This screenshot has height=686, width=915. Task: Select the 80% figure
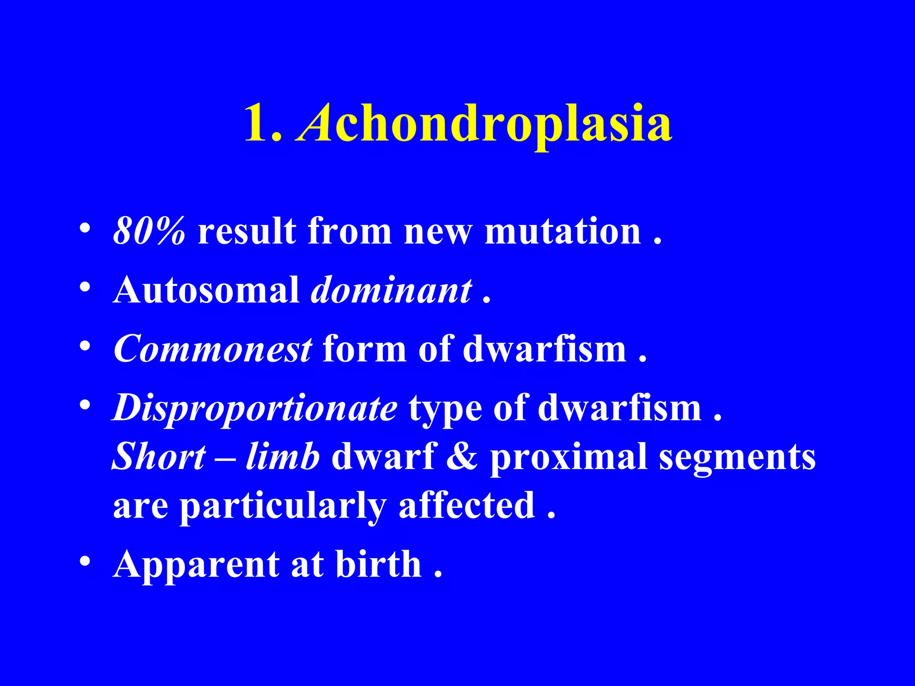149,231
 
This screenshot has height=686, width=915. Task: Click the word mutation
563,231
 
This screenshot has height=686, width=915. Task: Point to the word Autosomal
206,290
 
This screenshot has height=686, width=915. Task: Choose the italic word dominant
391,290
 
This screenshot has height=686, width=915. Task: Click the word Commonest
213,349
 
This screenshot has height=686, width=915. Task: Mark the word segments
738,457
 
